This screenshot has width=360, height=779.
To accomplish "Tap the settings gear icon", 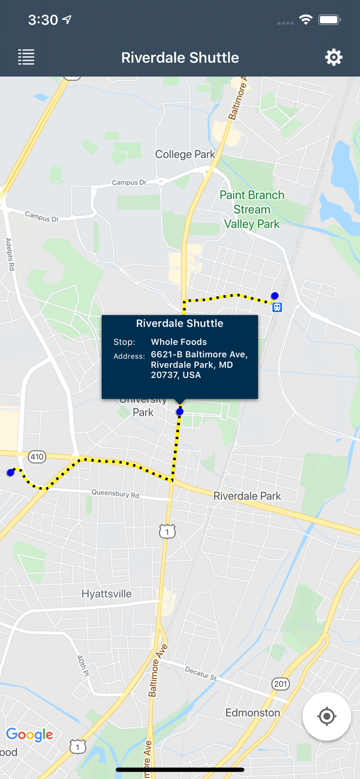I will pyautogui.click(x=334, y=57).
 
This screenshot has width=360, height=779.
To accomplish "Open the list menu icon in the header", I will pyautogui.click(x=26, y=57).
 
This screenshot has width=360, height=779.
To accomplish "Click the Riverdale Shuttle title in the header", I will pyautogui.click(x=180, y=57).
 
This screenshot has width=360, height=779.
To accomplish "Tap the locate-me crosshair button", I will pyautogui.click(x=327, y=717).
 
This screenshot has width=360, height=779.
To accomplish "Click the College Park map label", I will pyautogui.click(x=185, y=154).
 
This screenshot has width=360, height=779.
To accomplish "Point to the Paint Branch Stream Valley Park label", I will pyautogui.click(x=252, y=209).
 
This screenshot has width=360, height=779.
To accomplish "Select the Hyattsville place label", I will pyautogui.click(x=106, y=594).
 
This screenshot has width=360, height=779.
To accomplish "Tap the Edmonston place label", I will pyautogui.click(x=252, y=713).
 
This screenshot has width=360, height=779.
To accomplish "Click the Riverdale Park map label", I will pyautogui.click(x=247, y=496).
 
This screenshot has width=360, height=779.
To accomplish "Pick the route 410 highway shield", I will pyautogui.click(x=37, y=457).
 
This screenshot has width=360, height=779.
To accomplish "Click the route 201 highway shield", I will pyautogui.click(x=281, y=683).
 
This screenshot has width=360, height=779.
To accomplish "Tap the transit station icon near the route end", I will pyautogui.click(x=277, y=307).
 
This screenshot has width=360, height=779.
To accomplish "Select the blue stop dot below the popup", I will pyautogui.click(x=180, y=412).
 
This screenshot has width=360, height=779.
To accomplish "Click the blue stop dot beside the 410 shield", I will pyautogui.click(x=10, y=473).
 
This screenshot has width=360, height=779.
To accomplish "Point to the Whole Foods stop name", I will pyautogui.click(x=179, y=342).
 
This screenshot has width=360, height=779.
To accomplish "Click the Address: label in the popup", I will pyautogui.click(x=129, y=356).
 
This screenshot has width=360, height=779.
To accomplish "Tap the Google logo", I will pyautogui.click(x=30, y=734).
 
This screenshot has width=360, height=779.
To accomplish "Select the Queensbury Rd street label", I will pyautogui.click(x=115, y=493).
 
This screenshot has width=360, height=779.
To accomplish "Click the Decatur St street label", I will pyautogui.click(x=201, y=674).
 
